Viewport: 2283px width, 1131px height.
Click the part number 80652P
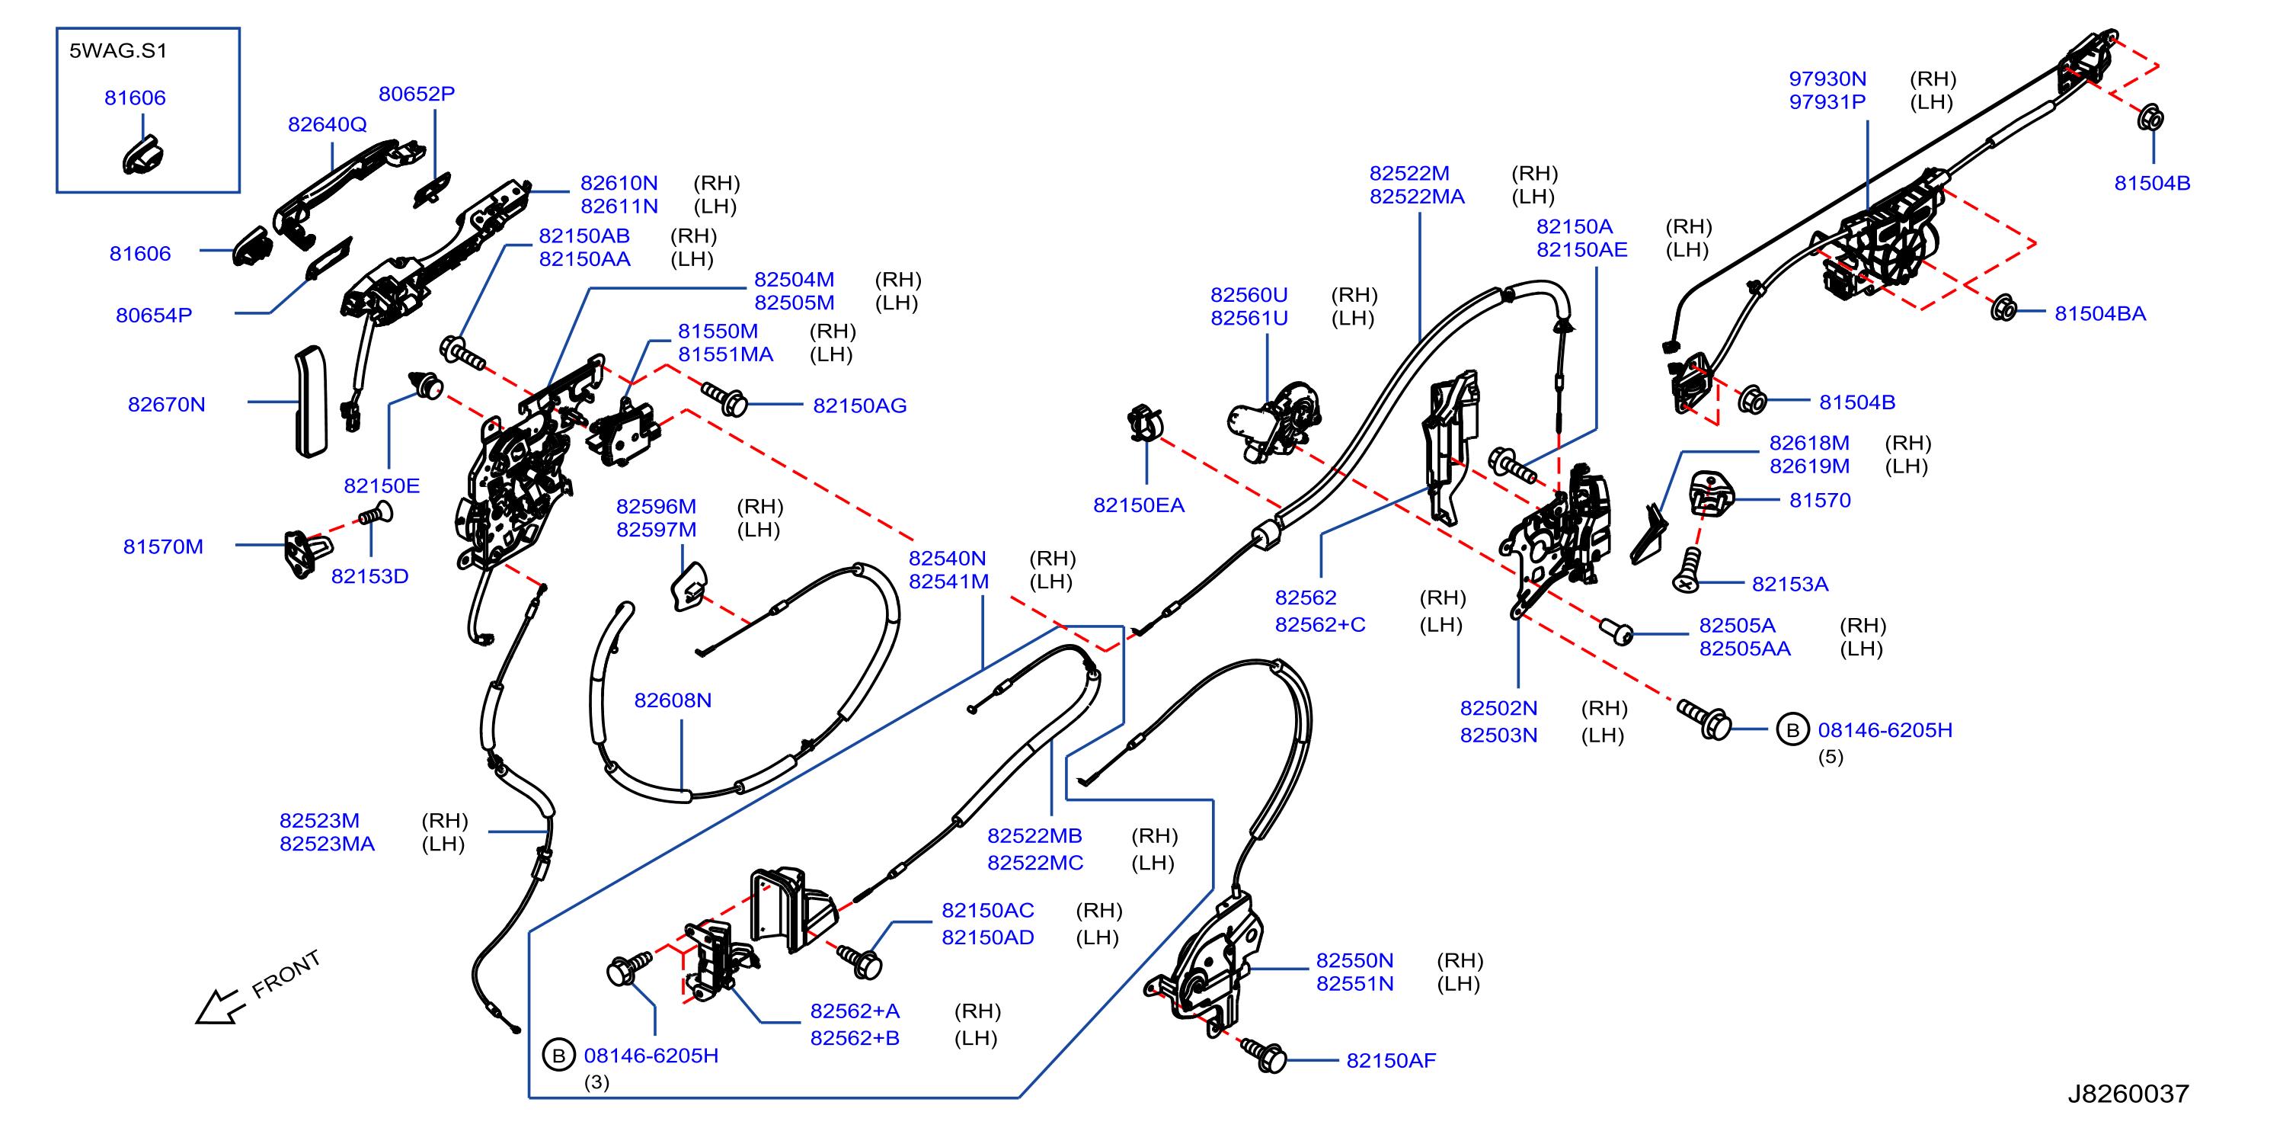417,94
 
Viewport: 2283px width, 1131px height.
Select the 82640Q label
327,125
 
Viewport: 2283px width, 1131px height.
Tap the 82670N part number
167,405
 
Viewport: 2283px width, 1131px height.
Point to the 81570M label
163,547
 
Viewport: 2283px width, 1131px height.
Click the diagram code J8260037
2128,1094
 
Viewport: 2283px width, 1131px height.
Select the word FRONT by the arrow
286,974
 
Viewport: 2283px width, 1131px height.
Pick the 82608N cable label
673,701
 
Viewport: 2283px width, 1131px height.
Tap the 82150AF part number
1390,1061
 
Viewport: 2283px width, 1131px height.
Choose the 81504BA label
2099,314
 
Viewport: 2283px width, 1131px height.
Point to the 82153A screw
1687,570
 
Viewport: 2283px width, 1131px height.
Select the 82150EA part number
1138,506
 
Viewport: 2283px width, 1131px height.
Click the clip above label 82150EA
1145,424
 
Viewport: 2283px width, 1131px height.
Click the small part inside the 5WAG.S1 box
142,155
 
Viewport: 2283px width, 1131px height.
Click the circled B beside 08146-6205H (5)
1792,730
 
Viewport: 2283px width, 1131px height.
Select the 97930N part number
1827,80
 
